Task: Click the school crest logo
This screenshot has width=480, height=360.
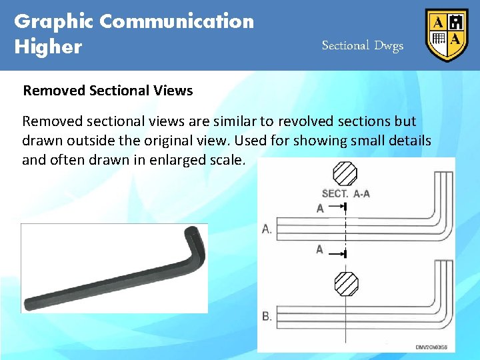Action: tap(447, 35)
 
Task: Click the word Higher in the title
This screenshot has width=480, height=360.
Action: tap(48, 47)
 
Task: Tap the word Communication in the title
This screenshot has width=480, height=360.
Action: tap(177, 21)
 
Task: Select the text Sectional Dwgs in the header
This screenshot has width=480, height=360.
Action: tap(363, 45)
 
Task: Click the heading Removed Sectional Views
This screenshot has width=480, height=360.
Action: tap(108, 91)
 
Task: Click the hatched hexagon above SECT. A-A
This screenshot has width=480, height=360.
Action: tap(345, 174)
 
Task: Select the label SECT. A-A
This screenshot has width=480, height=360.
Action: tap(346, 193)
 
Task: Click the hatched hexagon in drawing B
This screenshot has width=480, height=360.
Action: tap(346, 283)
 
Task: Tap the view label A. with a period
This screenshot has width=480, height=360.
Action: tap(267, 229)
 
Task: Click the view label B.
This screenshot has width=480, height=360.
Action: tap(267, 316)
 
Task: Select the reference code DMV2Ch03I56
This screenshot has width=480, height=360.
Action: tap(431, 347)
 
